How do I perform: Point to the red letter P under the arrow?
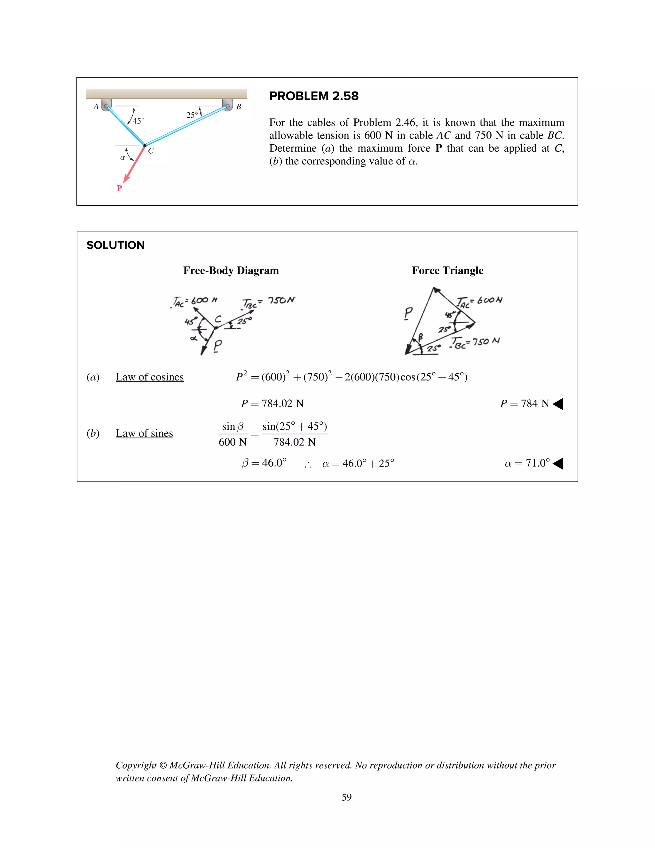[x=119, y=188]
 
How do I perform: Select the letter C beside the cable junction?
[x=151, y=151]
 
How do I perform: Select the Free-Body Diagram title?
[x=231, y=270]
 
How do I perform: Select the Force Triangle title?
[x=447, y=270]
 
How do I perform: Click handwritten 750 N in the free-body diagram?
[x=281, y=300]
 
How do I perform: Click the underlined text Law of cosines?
[x=149, y=377]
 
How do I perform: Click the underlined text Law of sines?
[x=144, y=433]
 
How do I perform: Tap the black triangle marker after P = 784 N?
[x=558, y=404]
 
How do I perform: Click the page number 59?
[x=346, y=797]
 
